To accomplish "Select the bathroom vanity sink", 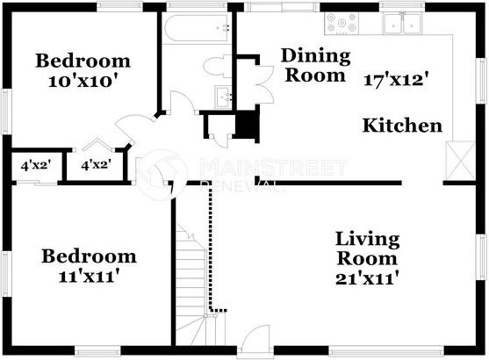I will [222, 97].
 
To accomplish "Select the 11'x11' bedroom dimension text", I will [89, 276].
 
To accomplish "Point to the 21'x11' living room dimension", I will [367, 279].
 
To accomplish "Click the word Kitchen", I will [402, 126].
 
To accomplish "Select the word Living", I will [367, 239].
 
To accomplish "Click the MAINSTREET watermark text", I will [272, 166].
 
